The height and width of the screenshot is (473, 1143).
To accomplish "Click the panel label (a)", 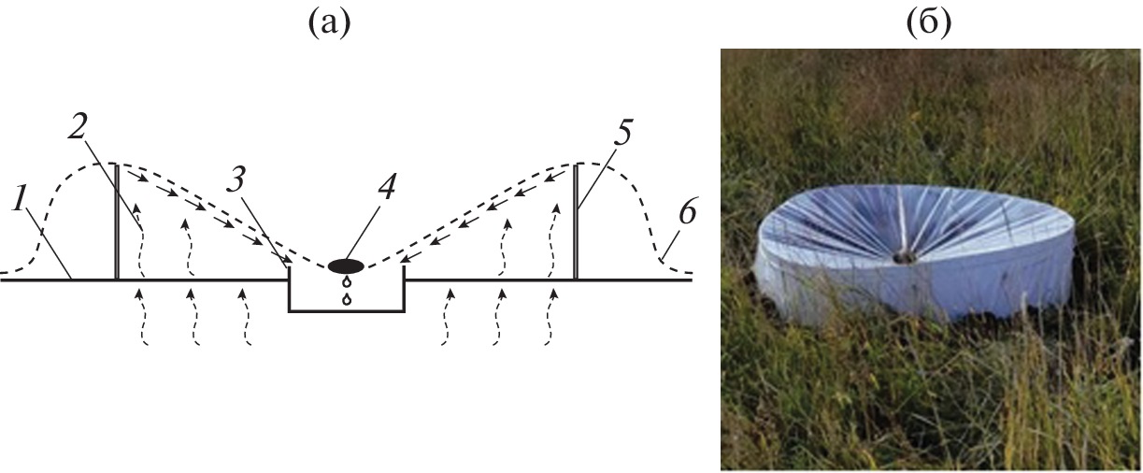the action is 329,23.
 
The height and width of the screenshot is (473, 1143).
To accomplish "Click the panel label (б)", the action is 929,23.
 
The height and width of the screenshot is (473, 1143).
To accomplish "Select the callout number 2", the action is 77,126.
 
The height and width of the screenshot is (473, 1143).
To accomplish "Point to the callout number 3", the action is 236,179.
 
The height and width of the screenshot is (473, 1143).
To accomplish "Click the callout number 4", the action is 386,187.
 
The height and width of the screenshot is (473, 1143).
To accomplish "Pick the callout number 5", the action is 621,132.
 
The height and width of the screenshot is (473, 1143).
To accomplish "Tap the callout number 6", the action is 687,212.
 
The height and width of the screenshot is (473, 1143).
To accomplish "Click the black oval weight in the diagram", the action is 346,265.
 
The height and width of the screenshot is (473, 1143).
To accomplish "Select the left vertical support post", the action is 117,222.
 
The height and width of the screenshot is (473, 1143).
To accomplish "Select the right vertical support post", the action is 576,222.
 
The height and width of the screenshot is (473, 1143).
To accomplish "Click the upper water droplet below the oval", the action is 347,281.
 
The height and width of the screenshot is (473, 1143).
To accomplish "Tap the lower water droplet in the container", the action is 347,299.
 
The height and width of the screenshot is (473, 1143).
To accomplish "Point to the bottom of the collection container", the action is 347,310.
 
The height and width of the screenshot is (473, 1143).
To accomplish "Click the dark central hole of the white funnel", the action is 905,259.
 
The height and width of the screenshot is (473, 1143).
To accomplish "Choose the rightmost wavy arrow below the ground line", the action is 550,317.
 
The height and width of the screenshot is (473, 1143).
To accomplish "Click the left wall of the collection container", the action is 290,288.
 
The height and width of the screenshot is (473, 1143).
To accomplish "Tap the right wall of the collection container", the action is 405,288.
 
